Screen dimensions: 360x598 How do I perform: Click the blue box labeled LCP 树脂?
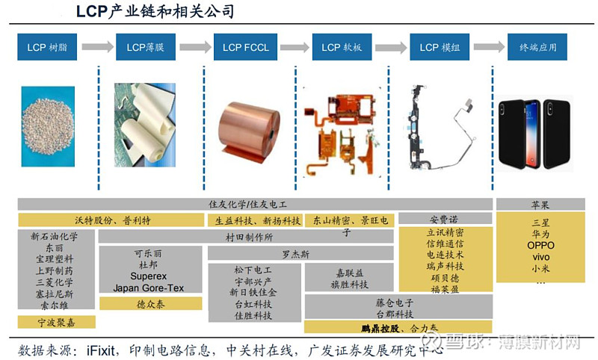pos(46,47)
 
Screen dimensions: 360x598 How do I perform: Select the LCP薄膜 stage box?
pos(146,47)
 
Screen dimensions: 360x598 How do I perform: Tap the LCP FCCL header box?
pos(243,47)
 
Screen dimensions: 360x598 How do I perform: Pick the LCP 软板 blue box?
pos(341,47)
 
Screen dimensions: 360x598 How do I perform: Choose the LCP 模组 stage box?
pos(439,47)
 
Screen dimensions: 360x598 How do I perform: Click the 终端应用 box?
pos(537,47)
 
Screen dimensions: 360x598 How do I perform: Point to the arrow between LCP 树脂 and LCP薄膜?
pos(96,47)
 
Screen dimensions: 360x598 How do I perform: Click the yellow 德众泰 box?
pos(150,304)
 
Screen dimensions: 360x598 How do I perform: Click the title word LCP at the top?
pos(92,11)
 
